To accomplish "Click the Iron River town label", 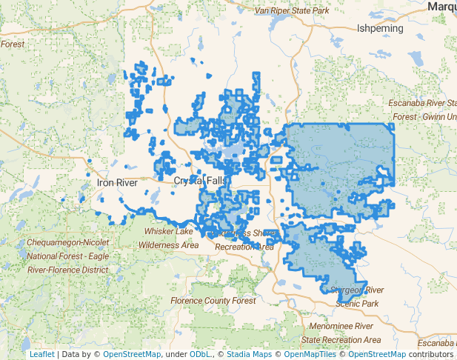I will pos(118,181).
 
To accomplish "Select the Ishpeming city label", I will pos(380,28).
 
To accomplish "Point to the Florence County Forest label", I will pos(207,301).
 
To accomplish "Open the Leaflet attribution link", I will pos(41,355).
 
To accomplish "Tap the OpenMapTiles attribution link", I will pos(308,355).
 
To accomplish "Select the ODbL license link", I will pos(201,355).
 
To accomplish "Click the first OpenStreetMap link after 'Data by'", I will pos(131,355).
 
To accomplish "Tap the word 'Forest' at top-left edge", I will pos(13,44).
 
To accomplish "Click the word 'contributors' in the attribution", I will pos(430,355).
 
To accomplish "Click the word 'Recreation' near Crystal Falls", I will pos(244,247).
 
